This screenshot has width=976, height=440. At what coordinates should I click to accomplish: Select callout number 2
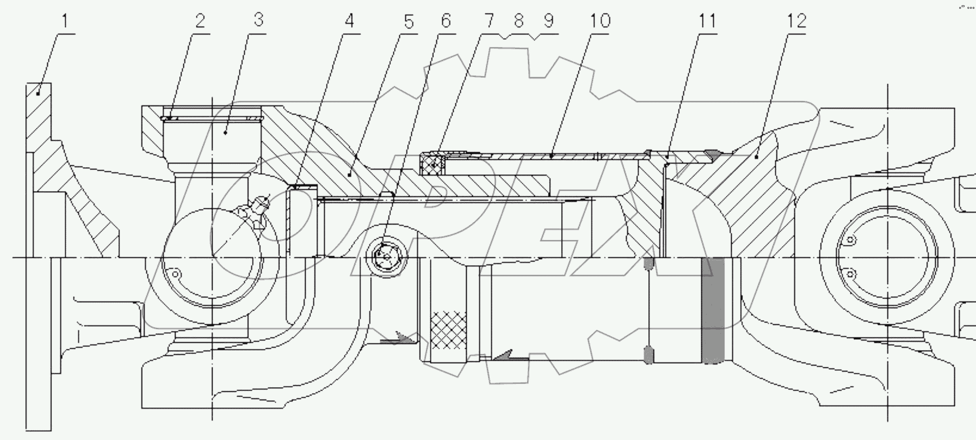tap(200, 21)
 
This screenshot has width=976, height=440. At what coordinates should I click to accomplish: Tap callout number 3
tap(258, 20)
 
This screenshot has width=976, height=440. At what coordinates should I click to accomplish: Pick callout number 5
tap(409, 21)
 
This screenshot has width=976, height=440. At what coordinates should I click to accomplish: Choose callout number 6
tap(446, 21)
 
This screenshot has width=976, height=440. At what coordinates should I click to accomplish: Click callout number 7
tap(489, 21)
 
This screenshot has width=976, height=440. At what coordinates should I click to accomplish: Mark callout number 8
tap(519, 21)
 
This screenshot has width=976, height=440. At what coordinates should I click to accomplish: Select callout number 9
tap(548, 21)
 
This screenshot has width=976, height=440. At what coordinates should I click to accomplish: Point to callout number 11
tap(707, 21)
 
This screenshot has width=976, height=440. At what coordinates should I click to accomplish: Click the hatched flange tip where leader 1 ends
tap(38, 94)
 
